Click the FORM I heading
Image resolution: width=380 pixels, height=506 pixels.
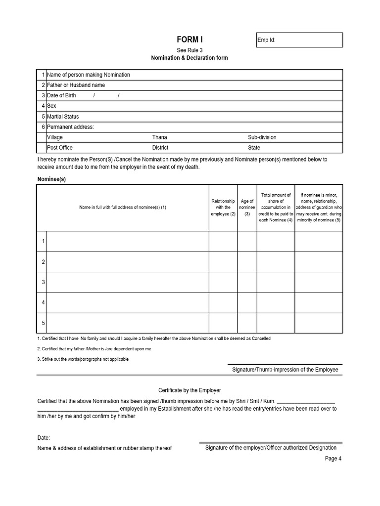click(190, 40)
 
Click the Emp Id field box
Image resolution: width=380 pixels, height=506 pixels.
click(299, 40)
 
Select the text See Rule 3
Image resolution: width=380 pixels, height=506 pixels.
click(190, 50)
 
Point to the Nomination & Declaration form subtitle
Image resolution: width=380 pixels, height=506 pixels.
click(190, 58)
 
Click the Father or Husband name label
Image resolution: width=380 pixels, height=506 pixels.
click(76, 85)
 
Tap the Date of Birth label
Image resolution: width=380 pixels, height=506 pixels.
click(61, 95)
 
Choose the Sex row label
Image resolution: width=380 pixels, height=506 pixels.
click(51, 106)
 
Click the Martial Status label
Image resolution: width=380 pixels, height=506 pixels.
click(63, 117)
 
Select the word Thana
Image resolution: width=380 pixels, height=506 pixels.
click(159, 137)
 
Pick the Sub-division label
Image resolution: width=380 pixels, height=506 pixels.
click(262, 137)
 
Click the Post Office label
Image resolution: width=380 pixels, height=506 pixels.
click(59, 148)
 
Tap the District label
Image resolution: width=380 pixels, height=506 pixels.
click(160, 148)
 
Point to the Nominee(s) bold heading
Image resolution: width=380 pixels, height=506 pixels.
click(51, 179)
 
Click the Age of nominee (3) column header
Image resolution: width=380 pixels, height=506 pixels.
click(247, 208)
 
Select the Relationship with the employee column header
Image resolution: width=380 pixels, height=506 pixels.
click(223, 208)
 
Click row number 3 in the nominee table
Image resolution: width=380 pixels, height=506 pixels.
click(44, 282)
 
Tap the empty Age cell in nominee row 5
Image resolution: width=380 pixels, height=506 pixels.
click(247, 323)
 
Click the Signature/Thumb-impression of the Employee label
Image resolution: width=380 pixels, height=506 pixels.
click(285, 370)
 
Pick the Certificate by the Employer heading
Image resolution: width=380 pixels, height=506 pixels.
click(190, 390)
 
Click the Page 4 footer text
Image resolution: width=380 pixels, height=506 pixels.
click(333, 459)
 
